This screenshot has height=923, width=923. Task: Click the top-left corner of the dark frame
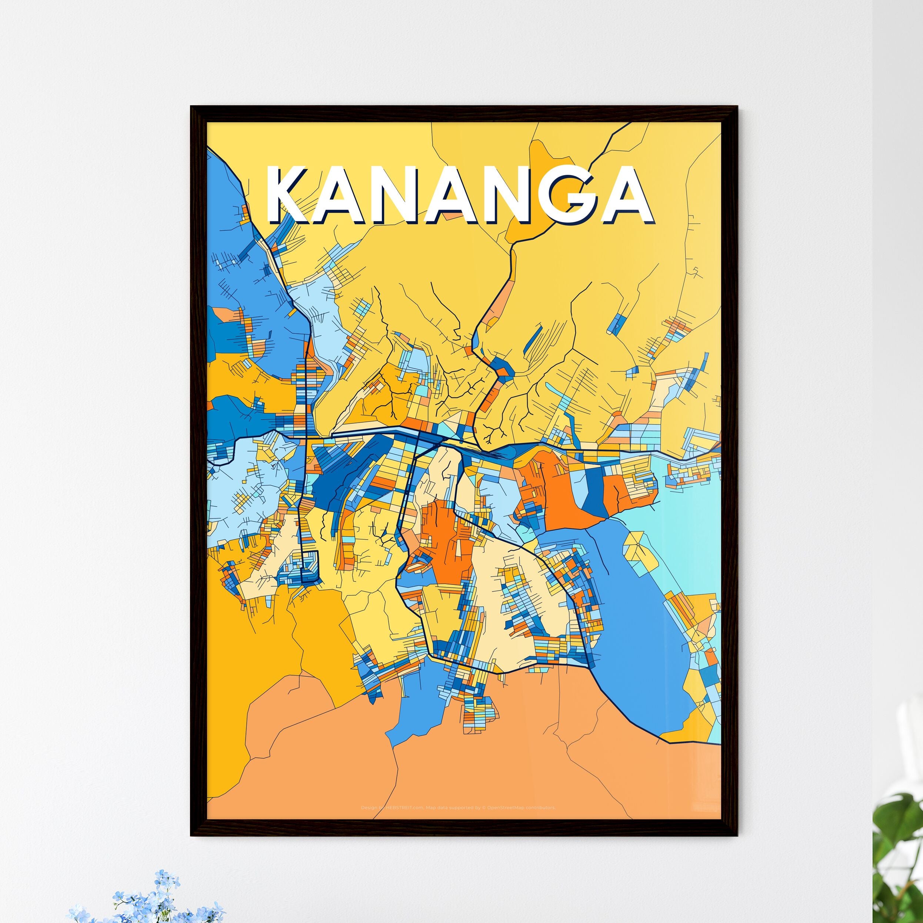pyautogui.click(x=192, y=107)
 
